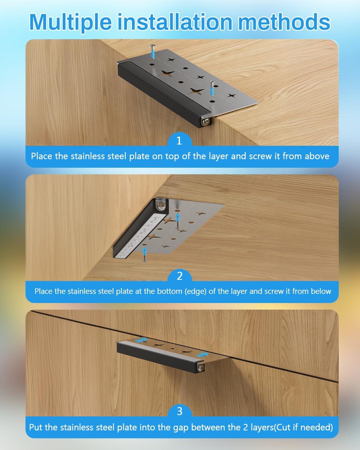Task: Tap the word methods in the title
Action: [x=284, y=22]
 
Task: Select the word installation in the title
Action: [x=175, y=22]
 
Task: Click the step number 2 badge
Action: [x=180, y=276]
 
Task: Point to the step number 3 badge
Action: [x=180, y=411]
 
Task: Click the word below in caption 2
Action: [x=321, y=291]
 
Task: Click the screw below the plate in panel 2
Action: [x=144, y=254]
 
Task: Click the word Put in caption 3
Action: [x=36, y=427]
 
